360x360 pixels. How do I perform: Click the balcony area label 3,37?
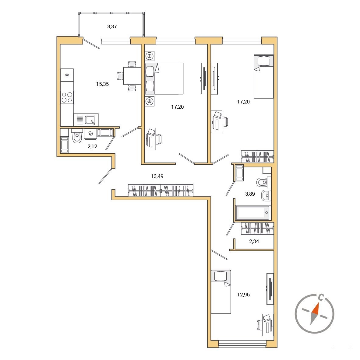112,27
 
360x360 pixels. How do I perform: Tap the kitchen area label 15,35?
102,84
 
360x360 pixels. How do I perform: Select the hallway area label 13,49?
157,176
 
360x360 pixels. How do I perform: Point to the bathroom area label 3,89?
250,194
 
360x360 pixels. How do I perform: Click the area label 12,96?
243,295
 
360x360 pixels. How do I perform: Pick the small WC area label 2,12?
92,146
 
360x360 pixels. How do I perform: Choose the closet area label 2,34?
254,241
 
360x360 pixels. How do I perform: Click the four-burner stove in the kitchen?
67,97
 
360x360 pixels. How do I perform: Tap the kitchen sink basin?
90,120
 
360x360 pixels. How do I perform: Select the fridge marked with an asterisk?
67,75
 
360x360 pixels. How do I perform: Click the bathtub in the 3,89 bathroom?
252,213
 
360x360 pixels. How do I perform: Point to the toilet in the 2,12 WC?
77,136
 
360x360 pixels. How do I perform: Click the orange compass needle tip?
318,303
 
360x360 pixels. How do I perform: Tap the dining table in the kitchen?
132,76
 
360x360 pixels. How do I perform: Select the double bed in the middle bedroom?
164,79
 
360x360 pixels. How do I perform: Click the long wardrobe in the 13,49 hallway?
161,190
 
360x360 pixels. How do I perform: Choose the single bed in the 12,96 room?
221,292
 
